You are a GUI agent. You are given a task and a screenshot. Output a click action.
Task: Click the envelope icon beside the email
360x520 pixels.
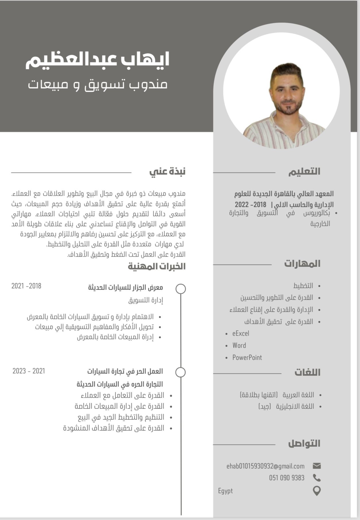(x=317, y=466)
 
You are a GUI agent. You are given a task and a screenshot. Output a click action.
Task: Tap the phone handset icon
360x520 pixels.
(x=317, y=478)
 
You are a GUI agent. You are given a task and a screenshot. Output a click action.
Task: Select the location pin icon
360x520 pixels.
(x=316, y=491)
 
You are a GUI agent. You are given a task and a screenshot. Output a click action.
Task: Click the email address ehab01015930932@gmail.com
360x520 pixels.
(x=265, y=466)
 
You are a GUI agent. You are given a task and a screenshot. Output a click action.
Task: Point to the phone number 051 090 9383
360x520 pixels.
(x=287, y=478)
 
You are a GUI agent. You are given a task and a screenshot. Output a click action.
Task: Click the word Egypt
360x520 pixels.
(x=225, y=491)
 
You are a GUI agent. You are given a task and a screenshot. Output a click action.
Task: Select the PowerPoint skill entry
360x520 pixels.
(x=247, y=357)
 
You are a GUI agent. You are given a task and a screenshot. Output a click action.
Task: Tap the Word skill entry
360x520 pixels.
(x=239, y=345)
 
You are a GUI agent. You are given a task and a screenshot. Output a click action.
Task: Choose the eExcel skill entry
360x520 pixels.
(x=241, y=333)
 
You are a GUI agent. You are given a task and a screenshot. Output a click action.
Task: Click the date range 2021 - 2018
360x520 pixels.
(x=26, y=286)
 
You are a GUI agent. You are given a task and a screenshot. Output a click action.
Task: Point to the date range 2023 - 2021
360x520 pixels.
(x=29, y=371)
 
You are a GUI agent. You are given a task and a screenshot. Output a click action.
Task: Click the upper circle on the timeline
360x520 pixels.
(x=181, y=289)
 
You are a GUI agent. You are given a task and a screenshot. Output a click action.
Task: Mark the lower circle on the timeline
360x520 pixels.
(x=180, y=372)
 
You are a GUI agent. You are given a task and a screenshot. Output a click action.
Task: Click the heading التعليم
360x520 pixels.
(x=304, y=172)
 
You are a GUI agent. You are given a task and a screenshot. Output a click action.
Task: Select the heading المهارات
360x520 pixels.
(x=302, y=263)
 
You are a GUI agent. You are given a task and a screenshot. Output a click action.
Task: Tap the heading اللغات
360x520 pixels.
(x=307, y=372)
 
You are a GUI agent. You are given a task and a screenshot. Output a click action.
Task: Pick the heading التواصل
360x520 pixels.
(x=304, y=443)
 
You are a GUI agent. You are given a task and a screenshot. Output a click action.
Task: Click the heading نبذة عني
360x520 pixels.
(x=167, y=171)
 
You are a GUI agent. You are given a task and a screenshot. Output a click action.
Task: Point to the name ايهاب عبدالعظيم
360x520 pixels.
(x=97, y=60)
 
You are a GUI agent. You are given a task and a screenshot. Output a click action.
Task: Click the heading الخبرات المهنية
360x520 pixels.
(x=157, y=266)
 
